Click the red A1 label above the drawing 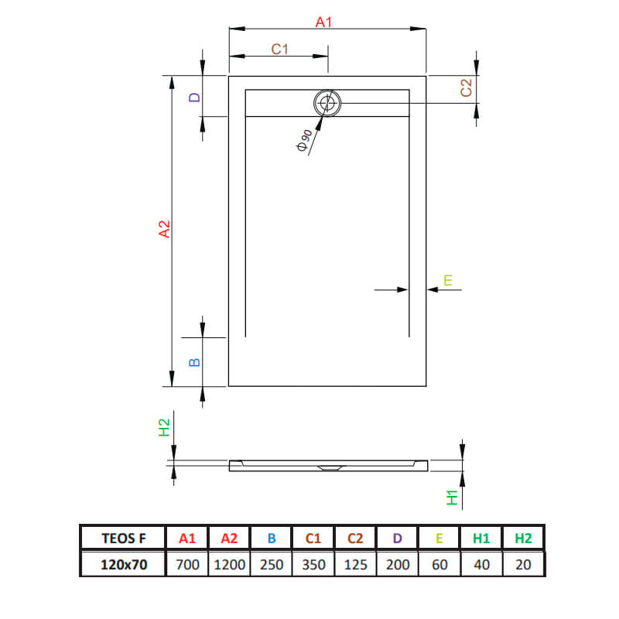tap(323, 22)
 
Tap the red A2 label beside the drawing tap(164, 229)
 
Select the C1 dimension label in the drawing tap(279, 50)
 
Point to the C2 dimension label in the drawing tap(467, 87)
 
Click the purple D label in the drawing tap(195, 97)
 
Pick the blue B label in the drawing tap(195, 362)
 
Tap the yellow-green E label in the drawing tap(448, 280)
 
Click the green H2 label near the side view tap(164, 428)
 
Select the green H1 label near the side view tap(452, 498)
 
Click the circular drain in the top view tap(327, 103)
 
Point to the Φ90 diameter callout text tap(304, 140)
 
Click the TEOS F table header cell tap(124, 538)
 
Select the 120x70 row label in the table tap(124, 565)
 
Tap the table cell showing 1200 tap(229, 565)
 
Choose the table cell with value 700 tap(187, 565)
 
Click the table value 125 tap(355, 565)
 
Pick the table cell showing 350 tap(313, 565)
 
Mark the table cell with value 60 tap(439, 565)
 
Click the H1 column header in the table tap(481, 538)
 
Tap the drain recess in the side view tap(331, 468)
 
